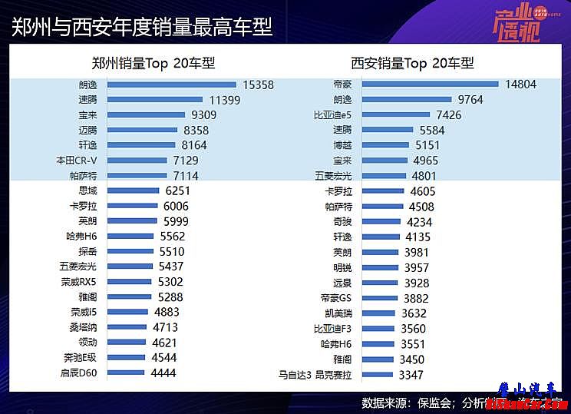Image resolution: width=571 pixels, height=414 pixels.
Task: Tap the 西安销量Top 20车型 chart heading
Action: click(x=412, y=63)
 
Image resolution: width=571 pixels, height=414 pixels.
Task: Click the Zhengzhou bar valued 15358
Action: click(x=171, y=84)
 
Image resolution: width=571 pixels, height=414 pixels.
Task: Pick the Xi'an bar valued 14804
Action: click(x=430, y=84)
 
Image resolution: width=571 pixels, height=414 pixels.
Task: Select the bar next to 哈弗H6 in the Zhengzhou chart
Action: click(x=135, y=237)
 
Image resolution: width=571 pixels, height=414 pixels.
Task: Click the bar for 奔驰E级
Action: click(x=126, y=358)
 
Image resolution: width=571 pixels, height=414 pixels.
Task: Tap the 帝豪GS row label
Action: click(x=335, y=298)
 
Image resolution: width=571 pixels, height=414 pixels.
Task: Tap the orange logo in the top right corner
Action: click(x=516, y=23)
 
